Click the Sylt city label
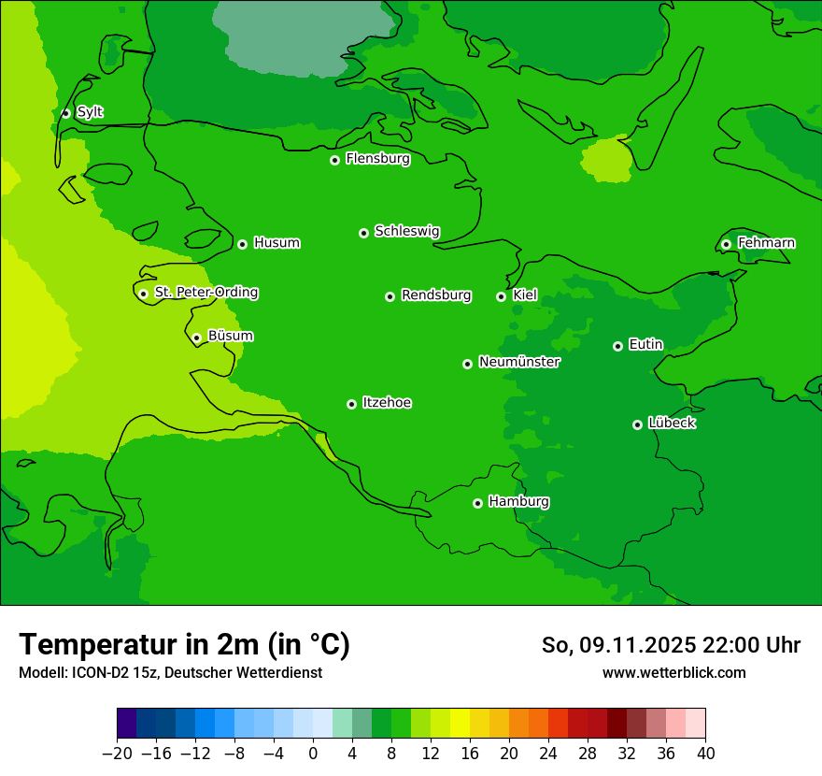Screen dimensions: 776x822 click(90, 112)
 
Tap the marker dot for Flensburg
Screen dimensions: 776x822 click(334, 160)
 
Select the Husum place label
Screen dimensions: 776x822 click(276, 243)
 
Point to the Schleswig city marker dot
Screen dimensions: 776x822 click(363, 233)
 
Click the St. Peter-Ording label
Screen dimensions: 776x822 click(205, 293)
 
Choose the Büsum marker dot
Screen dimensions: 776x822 click(196, 338)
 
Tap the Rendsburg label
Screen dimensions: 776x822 click(436, 295)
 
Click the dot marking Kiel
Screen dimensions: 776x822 click(501, 296)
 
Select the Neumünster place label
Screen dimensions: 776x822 click(519, 362)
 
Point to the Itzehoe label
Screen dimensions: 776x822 click(387, 403)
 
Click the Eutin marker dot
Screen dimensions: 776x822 click(617, 346)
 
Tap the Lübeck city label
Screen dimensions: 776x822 click(672, 424)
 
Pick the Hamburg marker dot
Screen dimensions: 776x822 click(477, 503)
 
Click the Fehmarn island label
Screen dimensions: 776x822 click(766, 243)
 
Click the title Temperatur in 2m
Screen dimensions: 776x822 click(184, 644)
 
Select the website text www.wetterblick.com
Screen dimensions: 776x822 click(673, 672)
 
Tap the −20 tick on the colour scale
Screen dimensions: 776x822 click(117, 754)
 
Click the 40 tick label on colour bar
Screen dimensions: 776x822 click(705, 754)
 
